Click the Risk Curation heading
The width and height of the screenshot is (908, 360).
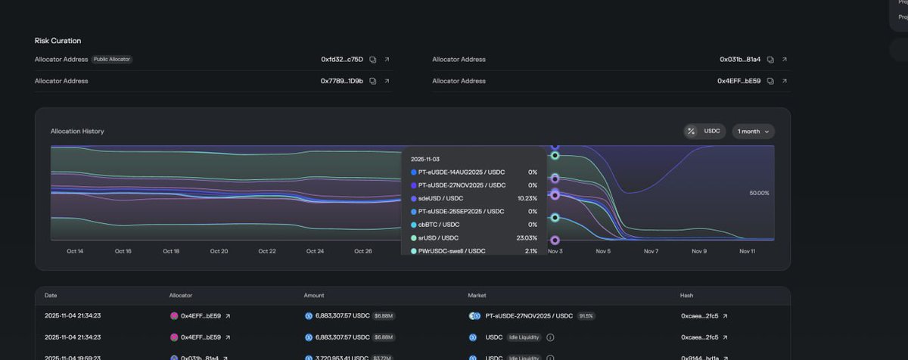coord(58,40)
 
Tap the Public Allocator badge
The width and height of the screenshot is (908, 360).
coord(112,59)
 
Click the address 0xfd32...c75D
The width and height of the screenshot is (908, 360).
coord(342,59)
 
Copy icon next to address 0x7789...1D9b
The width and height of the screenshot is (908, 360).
coord(373,81)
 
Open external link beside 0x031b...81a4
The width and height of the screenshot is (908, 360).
coord(784,59)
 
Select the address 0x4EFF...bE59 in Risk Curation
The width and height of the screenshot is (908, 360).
coord(739,81)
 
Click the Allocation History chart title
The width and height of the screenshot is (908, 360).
coord(77,132)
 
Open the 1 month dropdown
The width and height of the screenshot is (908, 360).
coord(753,132)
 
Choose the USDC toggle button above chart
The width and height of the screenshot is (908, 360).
coord(712,132)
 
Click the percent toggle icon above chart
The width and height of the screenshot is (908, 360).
coord(691,132)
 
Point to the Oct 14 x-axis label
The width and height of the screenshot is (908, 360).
coord(75,251)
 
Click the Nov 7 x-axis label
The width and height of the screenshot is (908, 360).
coord(651,251)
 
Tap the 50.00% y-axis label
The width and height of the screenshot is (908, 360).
coord(759,194)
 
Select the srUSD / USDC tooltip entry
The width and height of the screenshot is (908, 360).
coord(438,238)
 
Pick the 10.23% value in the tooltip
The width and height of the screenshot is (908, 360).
coord(527,198)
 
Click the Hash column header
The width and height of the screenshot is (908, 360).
coord(686,296)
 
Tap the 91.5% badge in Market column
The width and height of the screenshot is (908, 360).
coord(586,316)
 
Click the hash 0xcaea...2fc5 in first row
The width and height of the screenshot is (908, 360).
coord(700,316)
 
